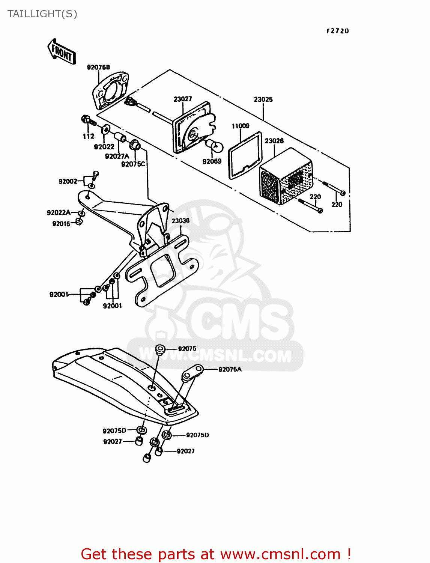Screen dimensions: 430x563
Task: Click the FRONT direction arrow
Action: click(x=62, y=52)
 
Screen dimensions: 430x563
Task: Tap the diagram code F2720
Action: click(x=337, y=31)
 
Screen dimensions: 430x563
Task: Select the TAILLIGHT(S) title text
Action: click(x=42, y=14)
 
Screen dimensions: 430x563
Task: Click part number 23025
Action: click(x=263, y=99)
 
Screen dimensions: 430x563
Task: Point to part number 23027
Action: click(x=183, y=99)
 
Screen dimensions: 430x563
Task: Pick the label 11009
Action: click(x=240, y=126)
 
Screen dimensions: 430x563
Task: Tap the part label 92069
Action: click(x=212, y=161)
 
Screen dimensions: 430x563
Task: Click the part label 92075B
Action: click(x=98, y=68)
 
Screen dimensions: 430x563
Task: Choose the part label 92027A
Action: click(x=117, y=156)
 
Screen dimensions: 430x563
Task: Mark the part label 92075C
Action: click(x=133, y=164)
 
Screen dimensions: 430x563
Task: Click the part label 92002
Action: click(x=68, y=182)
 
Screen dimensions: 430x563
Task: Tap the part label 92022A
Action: click(x=59, y=213)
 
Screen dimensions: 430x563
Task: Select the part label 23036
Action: click(x=180, y=221)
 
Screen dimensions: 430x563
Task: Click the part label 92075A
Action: click(x=230, y=369)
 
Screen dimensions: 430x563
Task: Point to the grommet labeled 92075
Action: click(x=160, y=349)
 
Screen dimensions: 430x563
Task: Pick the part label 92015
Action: click(x=61, y=224)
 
